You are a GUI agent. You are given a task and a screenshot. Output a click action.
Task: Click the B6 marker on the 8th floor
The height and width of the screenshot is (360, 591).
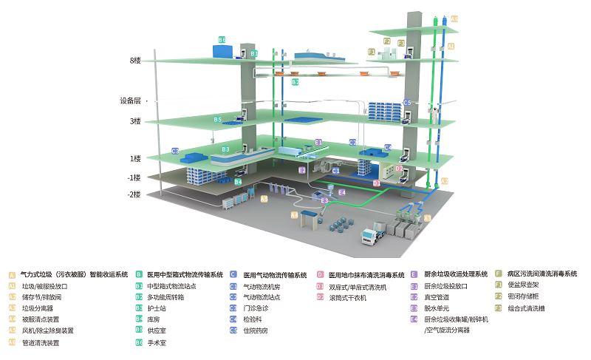click(x=222, y=39)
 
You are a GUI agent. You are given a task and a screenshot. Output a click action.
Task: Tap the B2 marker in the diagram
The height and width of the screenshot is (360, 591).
click(x=295, y=83)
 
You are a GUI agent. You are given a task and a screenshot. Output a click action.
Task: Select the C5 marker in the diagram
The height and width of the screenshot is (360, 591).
click(x=407, y=103)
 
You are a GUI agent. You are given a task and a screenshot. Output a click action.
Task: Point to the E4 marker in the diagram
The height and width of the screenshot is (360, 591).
click(x=342, y=192)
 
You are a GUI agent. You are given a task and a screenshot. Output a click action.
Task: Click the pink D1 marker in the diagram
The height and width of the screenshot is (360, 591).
click(x=376, y=183)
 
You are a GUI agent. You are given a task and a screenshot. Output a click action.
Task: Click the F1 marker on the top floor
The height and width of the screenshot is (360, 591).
click(x=372, y=52)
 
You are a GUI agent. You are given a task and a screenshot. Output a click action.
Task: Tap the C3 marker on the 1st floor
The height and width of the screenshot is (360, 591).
click(x=175, y=151)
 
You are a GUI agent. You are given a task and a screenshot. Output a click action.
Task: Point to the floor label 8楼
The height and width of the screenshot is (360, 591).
click(x=135, y=61)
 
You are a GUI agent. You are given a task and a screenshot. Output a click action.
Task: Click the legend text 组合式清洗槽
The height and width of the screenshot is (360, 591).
click(x=524, y=308)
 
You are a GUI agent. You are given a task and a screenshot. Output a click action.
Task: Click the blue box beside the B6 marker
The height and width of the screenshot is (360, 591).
click(x=222, y=52)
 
